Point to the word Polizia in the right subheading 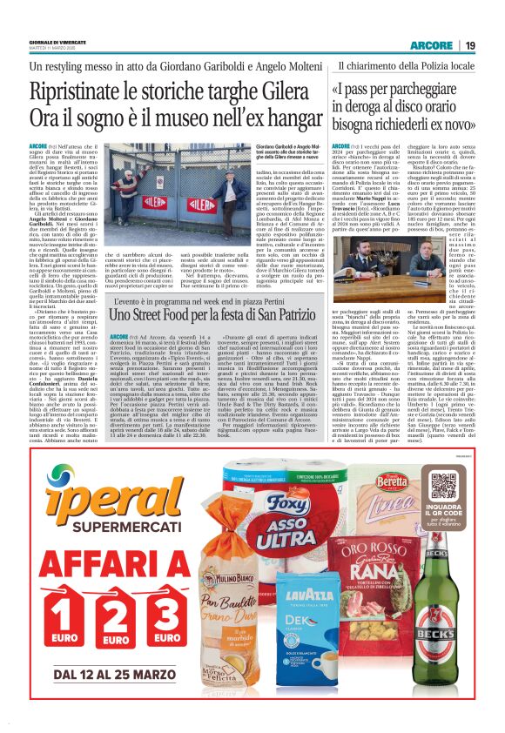click(x=434, y=64)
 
